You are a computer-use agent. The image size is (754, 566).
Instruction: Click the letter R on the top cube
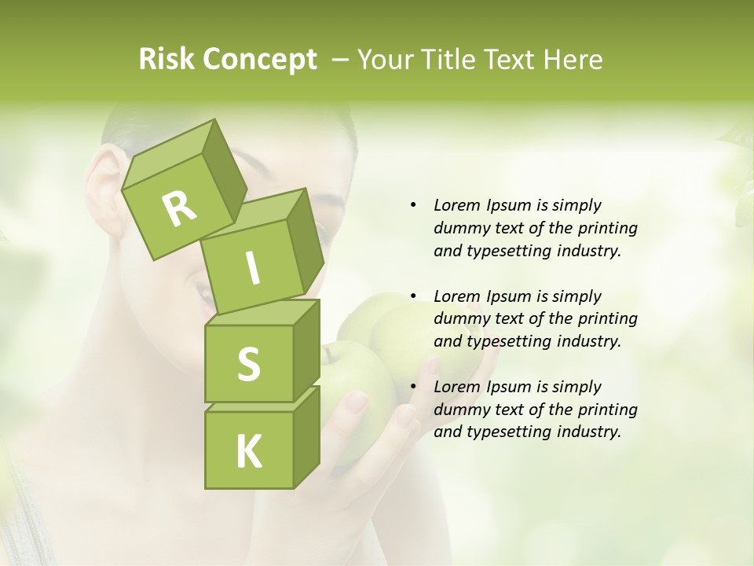pos(180,209)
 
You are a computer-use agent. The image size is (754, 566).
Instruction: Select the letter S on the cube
pos(249,364)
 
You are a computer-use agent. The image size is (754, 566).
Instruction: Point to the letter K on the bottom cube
pos(249,452)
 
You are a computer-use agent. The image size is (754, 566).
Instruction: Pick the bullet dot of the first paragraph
pos(413,205)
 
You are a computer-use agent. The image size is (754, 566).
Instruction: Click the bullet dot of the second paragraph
pos(413,296)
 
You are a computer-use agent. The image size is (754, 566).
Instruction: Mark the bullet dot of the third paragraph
pos(413,387)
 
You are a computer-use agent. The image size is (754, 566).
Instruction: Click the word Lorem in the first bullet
pos(456,205)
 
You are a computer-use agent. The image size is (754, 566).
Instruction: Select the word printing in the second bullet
pos(608,319)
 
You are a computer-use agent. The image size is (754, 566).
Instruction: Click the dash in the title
pos(341,60)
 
